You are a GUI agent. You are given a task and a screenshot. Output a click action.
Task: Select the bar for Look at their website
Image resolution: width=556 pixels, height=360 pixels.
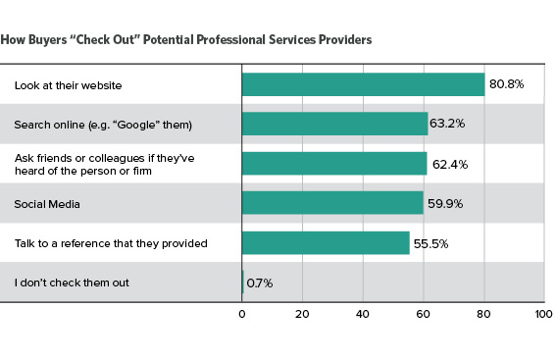coord(363,84)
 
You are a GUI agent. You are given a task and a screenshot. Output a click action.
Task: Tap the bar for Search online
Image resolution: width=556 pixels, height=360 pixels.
coord(334,124)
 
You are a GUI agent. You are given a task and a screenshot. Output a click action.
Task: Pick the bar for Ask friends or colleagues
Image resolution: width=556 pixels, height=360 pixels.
coord(333,164)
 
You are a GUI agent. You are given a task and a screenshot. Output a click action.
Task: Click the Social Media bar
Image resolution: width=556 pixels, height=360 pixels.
coord(332,203)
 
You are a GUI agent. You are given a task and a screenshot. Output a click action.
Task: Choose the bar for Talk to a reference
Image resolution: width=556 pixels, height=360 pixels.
coord(326,243)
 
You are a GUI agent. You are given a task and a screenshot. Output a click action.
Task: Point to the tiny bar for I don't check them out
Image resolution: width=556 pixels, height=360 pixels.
coord(243,283)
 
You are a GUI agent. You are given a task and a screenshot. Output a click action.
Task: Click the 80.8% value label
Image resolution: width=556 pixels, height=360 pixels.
coord(507,85)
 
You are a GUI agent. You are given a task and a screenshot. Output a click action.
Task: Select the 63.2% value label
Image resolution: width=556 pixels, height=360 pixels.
coord(450,125)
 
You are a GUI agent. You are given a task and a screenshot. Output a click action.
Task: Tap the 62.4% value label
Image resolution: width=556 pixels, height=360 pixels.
coord(448,164)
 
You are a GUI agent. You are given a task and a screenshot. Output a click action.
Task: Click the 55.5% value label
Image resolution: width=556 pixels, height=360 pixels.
coord(431,243)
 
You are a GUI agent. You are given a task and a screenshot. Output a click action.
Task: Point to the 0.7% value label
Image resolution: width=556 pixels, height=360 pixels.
coord(260,283)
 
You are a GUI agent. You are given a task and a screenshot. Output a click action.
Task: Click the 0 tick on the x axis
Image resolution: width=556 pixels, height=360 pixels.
coord(242,315)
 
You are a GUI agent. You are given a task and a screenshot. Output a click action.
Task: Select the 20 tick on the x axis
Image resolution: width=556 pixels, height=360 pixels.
coord(302,315)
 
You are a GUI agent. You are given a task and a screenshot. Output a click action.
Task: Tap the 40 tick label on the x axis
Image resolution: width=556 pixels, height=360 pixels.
coord(363,315)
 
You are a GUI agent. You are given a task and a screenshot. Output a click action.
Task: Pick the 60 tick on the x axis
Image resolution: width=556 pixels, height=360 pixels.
coord(423,315)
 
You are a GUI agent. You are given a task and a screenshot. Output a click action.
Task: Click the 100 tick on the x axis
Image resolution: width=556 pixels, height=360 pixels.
coord(543,315)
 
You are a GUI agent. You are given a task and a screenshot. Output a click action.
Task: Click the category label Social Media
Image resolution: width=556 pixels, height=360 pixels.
coord(47,203)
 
